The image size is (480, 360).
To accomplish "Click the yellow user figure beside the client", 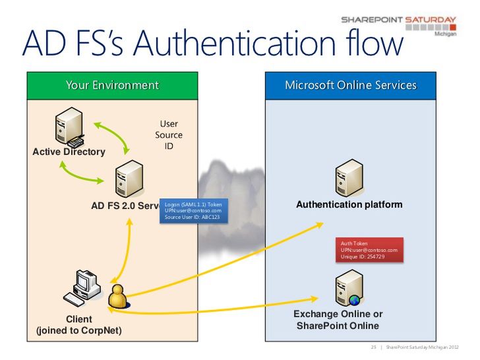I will [x=118, y=297].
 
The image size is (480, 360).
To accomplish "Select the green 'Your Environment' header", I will [x=112, y=85].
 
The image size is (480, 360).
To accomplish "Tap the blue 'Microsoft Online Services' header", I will [x=350, y=85].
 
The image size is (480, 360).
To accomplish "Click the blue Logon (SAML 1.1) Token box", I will [x=194, y=210].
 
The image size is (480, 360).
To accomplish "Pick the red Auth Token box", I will [x=369, y=249].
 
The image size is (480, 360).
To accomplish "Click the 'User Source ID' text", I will [x=169, y=135].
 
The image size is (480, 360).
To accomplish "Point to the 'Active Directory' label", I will [x=69, y=152].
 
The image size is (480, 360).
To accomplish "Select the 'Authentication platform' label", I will [x=349, y=205].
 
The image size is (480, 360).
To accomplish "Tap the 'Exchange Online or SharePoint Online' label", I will [x=338, y=320].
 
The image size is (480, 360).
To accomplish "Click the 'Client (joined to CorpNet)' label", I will [x=79, y=324].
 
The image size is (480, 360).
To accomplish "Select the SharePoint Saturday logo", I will [x=399, y=26].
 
